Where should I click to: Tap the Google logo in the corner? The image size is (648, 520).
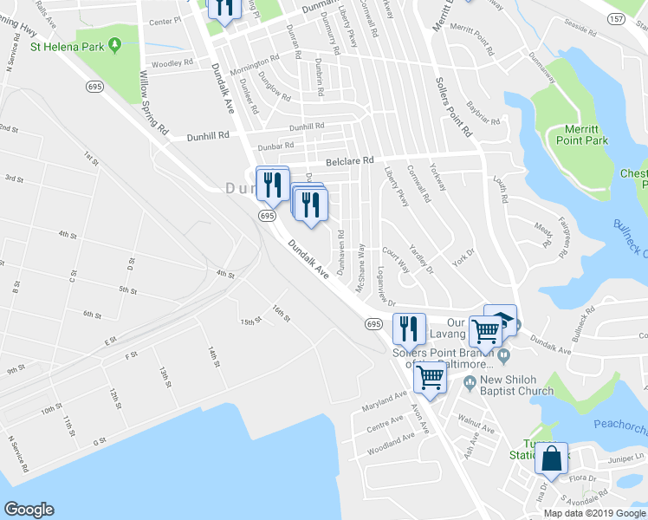29,509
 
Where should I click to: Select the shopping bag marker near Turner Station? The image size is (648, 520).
551,458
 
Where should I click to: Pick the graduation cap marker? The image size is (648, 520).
501,321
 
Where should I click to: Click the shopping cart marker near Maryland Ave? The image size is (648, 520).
430,377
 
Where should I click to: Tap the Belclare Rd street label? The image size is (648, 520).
349,161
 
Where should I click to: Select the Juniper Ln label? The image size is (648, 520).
627,456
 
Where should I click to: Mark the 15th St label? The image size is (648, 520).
251,322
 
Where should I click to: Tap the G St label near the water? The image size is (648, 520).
100,440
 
